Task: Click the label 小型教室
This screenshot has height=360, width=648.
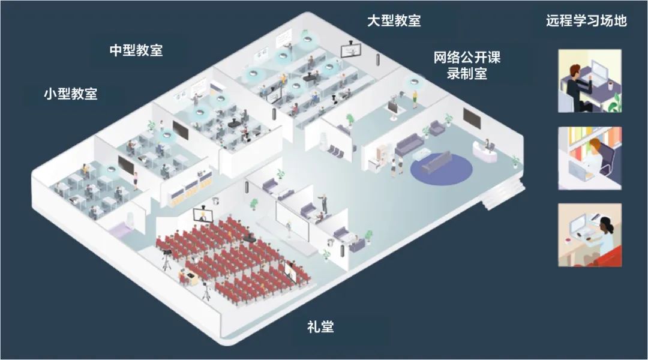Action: tap(70, 94)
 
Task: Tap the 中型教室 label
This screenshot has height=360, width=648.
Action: tap(136, 50)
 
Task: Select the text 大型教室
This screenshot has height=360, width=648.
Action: tap(394, 20)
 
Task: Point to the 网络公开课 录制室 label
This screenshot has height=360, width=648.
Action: tap(467, 65)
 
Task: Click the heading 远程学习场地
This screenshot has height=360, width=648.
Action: tap(586, 20)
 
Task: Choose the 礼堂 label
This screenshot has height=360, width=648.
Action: tap(320, 327)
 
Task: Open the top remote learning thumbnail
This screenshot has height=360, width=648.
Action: tap(590, 81)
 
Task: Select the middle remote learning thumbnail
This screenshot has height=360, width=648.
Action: tap(590, 158)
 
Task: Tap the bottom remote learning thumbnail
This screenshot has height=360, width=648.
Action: tap(590, 235)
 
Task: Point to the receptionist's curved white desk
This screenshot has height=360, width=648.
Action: tap(485, 151)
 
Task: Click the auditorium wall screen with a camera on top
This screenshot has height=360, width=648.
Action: tap(202, 214)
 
